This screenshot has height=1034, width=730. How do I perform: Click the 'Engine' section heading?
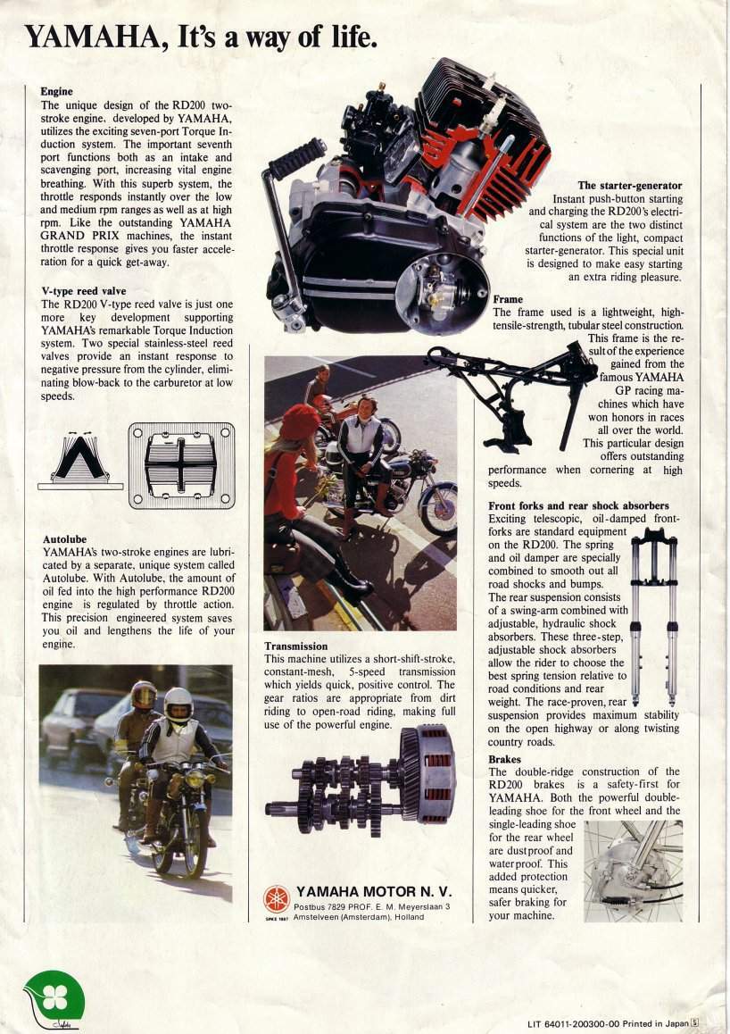tap(56, 91)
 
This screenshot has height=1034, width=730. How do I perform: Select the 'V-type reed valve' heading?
tap(84, 291)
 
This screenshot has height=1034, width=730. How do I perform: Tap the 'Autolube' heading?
tap(64, 539)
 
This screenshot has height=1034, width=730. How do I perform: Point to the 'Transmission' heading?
tap(296, 646)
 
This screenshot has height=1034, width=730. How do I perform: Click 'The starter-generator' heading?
tap(629, 186)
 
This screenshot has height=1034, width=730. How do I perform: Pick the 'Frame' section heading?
tap(508, 299)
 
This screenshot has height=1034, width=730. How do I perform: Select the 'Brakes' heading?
tap(505, 759)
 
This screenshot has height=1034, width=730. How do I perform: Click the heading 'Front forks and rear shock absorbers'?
tap(578, 505)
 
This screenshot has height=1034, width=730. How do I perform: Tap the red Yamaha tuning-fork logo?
tap(277, 897)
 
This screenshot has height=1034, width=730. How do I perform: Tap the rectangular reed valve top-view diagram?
tap(181, 465)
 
